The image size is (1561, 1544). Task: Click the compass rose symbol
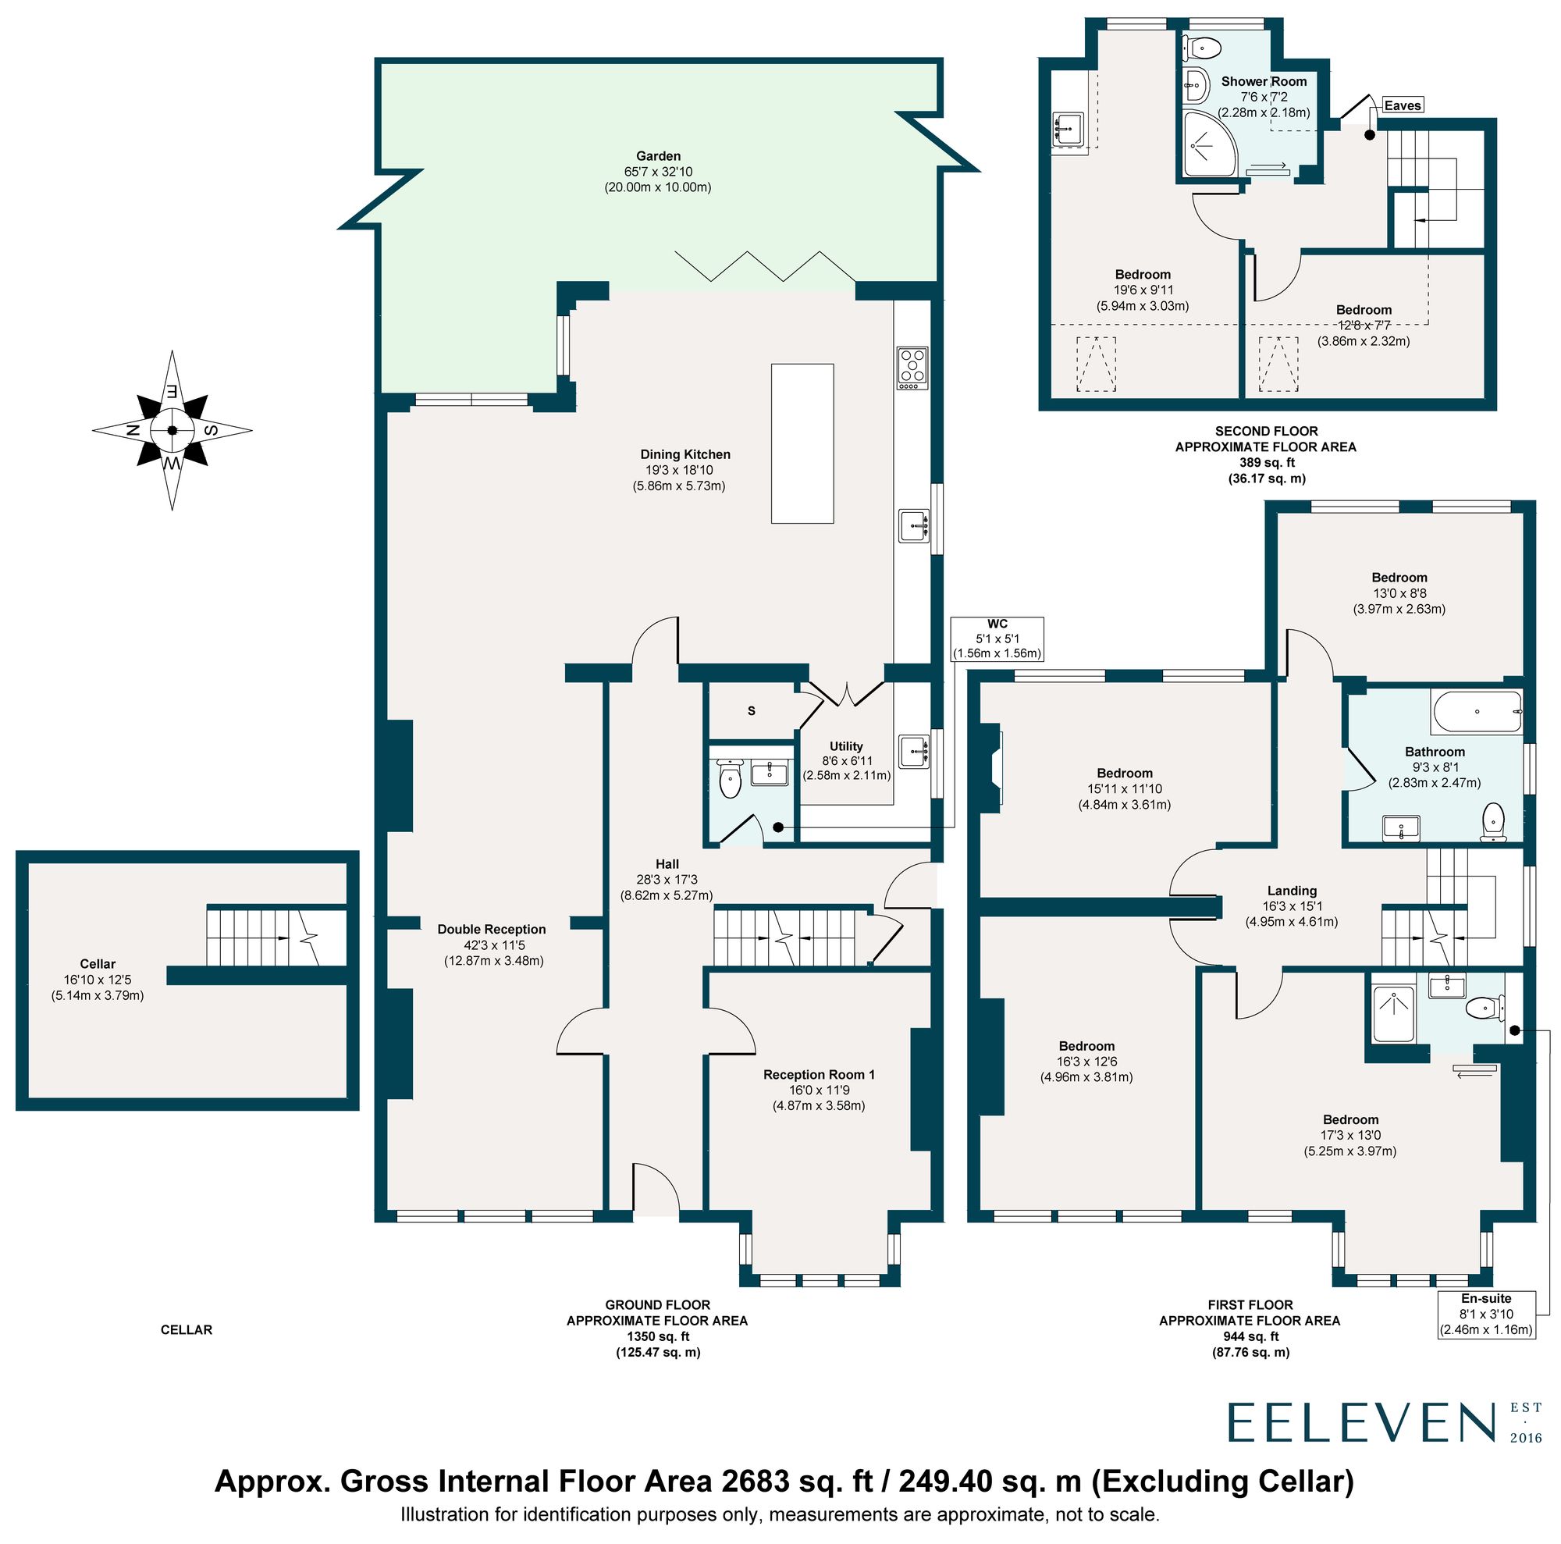[x=172, y=431]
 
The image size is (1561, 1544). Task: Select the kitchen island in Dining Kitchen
[x=802, y=443]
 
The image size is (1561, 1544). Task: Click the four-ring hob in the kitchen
[x=912, y=368]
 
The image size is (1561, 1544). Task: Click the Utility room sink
[x=913, y=752]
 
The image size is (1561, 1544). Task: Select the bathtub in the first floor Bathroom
[x=1476, y=712]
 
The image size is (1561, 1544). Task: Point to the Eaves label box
[x=1402, y=105]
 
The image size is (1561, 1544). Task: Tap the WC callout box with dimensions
[x=997, y=639]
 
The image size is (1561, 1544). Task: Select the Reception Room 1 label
[x=819, y=1075]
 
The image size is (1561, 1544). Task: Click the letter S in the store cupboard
[x=752, y=711]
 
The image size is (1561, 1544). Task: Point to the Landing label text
[x=1291, y=891]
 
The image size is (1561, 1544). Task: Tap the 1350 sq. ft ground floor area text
[x=657, y=1336]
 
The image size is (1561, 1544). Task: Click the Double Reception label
[x=491, y=929]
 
